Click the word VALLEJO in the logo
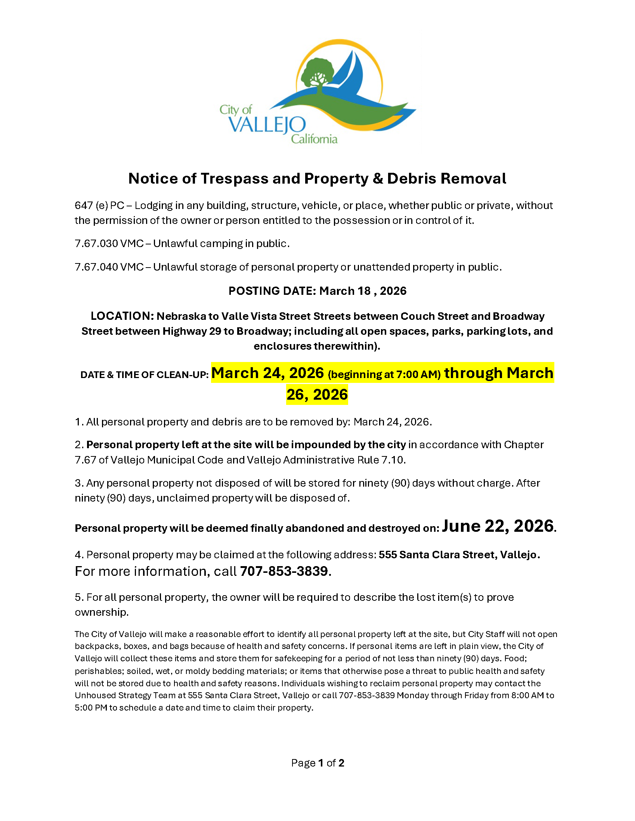[267, 124]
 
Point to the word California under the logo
[314, 140]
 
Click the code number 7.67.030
[96, 244]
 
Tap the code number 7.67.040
[96, 267]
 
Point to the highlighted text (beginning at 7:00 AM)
[384, 374]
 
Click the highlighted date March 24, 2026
[267, 373]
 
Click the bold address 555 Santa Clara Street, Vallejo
[459, 555]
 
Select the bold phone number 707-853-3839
[284, 571]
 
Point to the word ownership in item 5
[101, 612]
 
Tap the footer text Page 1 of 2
[317, 763]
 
